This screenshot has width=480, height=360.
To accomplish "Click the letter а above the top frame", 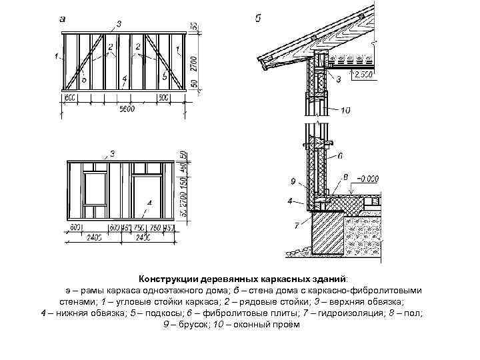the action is point(62,20).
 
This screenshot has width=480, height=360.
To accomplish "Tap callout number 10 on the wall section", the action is point(345,109).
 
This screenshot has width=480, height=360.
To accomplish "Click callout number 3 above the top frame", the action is point(119,24).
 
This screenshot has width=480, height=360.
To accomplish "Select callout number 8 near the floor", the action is point(345,176).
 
